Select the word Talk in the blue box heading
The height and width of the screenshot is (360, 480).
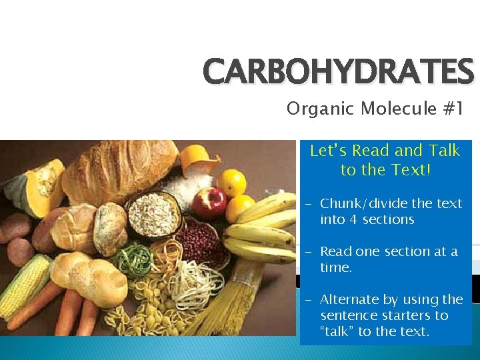tap(444, 151)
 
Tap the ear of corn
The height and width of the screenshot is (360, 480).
tap(23, 287)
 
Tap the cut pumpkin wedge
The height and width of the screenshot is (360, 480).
tap(33, 183)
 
